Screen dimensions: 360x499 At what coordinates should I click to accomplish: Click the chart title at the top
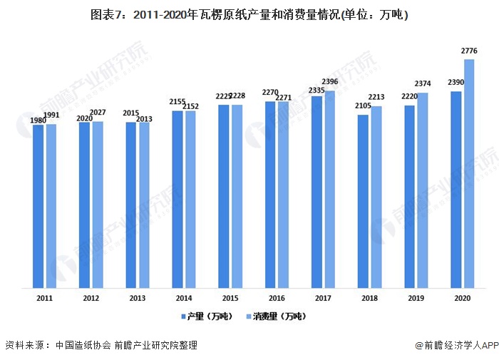click(249, 14)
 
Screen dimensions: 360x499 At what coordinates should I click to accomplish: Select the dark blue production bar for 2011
click(38, 206)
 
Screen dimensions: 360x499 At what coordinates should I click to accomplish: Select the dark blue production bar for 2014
click(178, 199)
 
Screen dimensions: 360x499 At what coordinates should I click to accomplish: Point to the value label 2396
click(330, 83)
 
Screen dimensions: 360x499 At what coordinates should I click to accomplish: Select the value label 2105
click(362, 108)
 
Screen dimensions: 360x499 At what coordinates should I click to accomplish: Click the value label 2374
click(423, 85)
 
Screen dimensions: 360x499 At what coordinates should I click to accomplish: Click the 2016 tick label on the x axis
click(277, 299)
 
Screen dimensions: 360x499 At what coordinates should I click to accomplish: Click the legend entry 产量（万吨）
click(207, 315)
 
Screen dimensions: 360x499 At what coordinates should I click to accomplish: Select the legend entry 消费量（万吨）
click(275, 315)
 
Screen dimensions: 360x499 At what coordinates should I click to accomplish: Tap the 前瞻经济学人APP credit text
click(456, 346)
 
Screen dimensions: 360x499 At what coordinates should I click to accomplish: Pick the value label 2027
click(98, 113)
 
